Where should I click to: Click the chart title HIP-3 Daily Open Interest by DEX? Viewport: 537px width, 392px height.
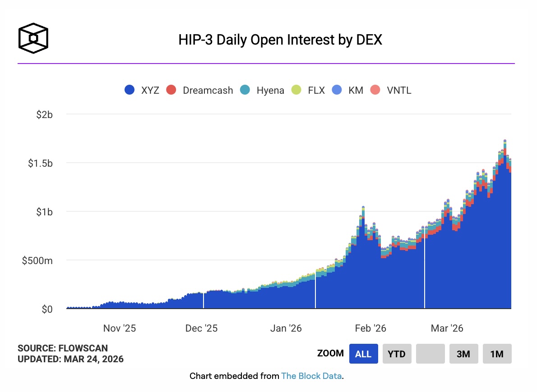pos(280,40)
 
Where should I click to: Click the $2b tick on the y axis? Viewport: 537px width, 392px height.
pos(45,114)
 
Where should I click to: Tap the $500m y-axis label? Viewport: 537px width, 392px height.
pos(37,260)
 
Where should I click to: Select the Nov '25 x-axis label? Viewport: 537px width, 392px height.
pos(120,328)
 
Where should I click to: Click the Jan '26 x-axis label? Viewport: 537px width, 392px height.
pos(286,328)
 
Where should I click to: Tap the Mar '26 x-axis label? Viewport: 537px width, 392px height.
pos(447,328)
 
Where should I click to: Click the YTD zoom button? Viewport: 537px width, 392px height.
pos(397,354)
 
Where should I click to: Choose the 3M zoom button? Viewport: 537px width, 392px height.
pos(463,354)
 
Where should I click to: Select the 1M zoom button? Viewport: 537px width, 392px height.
pos(497,354)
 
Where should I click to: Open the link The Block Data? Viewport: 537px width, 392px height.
pos(311,376)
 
